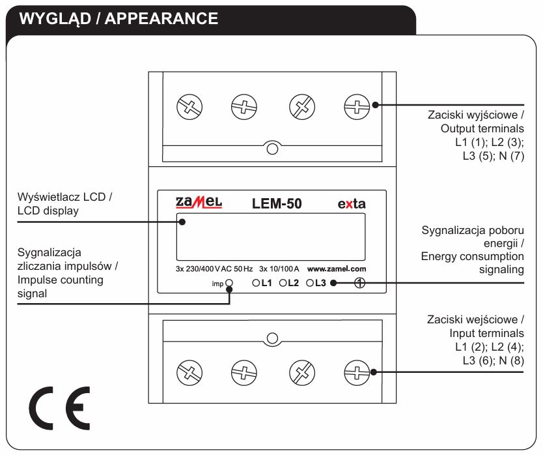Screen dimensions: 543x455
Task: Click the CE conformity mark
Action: [x=59, y=408]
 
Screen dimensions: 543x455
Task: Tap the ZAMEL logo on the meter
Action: [x=199, y=203]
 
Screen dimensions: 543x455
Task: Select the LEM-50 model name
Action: [x=277, y=203]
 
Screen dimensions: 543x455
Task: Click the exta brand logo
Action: [x=352, y=203]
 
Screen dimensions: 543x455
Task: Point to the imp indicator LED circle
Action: [x=229, y=283]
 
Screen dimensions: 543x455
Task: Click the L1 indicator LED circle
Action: [x=256, y=283]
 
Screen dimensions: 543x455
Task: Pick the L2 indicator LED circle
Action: [x=283, y=283]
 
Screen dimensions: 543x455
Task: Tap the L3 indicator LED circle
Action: [x=310, y=283]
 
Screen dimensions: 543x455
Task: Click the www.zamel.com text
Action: [x=337, y=269]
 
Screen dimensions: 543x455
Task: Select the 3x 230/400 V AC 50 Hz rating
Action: [x=214, y=269]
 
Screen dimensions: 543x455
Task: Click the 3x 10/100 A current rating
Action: [x=279, y=269]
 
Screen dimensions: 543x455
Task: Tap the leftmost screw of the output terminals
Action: [x=189, y=107]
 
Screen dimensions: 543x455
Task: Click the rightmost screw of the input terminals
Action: [x=357, y=373]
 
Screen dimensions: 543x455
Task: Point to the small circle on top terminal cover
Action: [x=273, y=149]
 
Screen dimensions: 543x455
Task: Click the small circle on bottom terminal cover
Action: [x=273, y=338]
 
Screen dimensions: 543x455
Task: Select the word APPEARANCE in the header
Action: [x=161, y=18]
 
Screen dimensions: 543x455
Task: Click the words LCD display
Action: [x=48, y=211]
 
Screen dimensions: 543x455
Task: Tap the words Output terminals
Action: [x=482, y=128]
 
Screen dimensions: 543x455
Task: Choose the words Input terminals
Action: [x=486, y=333]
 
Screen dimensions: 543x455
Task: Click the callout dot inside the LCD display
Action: [x=182, y=222]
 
